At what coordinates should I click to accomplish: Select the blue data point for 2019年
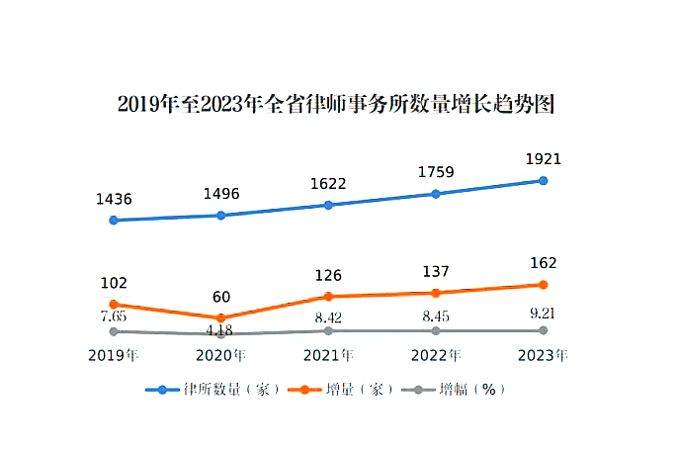[114, 220]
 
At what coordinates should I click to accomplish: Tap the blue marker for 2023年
[543, 180]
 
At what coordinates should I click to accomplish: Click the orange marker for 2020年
[220, 317]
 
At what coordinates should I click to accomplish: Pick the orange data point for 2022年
[436, 292]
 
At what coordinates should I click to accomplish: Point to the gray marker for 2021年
[328, 330]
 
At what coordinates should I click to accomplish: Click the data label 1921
[543, 159]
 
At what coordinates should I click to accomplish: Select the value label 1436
[114, 199]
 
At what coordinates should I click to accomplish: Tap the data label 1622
[328, 184]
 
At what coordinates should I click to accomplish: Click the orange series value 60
[220, 297]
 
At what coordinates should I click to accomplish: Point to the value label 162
[543, 263]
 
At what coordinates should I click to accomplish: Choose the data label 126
[328, 275]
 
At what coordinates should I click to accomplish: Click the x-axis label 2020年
[220, 354]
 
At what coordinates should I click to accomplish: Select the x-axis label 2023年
[543, 354]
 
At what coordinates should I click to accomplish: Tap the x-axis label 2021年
[328, 354]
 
